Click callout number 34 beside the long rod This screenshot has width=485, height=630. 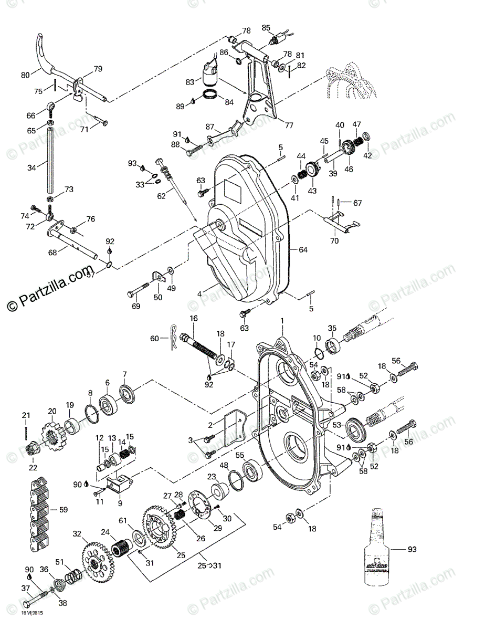31,167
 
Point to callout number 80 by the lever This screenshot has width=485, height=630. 26,75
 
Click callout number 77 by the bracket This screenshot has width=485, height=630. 288,125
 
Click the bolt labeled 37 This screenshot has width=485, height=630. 37,598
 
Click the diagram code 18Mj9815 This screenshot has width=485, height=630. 31,619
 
